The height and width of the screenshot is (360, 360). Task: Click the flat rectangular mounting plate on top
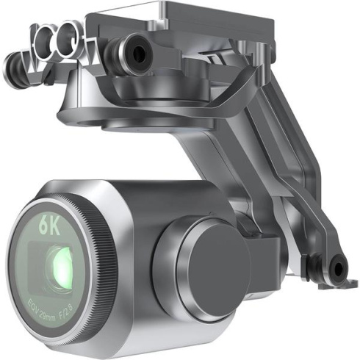[x=213, y=22]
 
